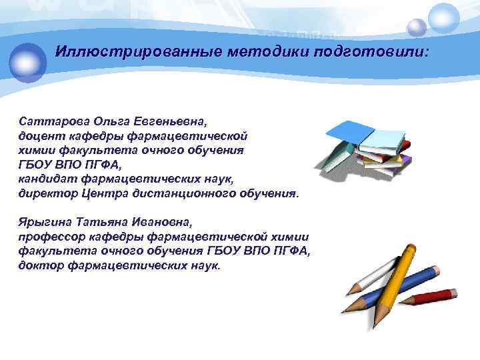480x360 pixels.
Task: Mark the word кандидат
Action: (x=47, y=179)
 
